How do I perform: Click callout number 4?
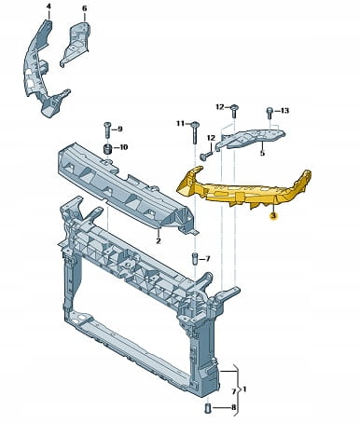click(48, 7)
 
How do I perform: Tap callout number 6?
click(85, 8)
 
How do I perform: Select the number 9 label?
click(119, 129)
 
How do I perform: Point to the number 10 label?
click(124, 147)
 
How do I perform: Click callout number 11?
click(180, 124)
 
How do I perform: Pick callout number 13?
click(284, 111)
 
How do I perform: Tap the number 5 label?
click(262, 153)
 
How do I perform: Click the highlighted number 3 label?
click(273, 216)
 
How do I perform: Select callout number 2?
click(159, 240)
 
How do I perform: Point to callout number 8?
click(233, 407)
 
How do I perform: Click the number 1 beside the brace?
click(244, 388)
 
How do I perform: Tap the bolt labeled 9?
click(106, 130)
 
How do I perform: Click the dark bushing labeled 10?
click(107, 149)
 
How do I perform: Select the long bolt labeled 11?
click(195, 132)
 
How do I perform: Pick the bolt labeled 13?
click(270, 114)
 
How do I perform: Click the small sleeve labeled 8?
click(208, 408)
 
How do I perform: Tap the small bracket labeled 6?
click(76, 44)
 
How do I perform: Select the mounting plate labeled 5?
click(251, 137)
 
